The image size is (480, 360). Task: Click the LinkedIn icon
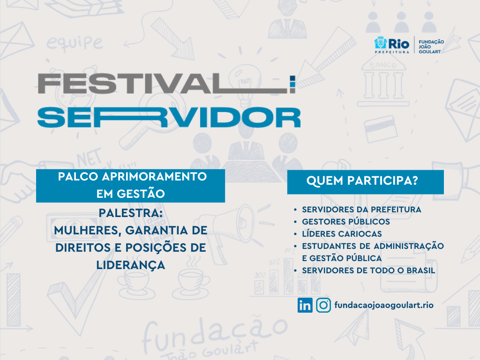[305, 305]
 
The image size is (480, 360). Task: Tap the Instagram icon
[323, 305]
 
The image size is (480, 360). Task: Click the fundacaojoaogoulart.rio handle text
[384, 305]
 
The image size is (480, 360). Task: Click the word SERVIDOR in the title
[169, 117]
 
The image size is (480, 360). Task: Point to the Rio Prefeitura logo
[392, 45]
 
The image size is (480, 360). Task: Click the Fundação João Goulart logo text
[431, 46]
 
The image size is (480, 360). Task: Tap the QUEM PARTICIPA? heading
[362, 180]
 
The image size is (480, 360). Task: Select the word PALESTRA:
[131, 213]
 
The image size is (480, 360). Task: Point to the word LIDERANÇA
[131, 265]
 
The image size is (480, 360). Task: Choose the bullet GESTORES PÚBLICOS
[346, 222]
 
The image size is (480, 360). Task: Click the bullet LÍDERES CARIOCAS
[342, 234]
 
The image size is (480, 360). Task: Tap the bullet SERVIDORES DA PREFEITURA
[361, 210]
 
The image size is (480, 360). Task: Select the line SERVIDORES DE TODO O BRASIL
[368, 270]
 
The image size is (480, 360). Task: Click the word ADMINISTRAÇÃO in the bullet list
[409, 247]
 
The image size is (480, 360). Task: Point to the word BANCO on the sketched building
[382, 65]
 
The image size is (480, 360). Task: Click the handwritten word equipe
[75, 43]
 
